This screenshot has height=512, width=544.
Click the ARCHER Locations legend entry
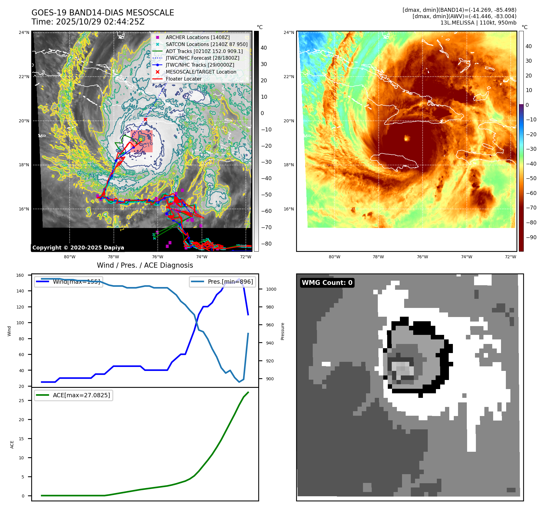(x=197, y=37)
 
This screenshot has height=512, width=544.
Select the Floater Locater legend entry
(x=183, y=79)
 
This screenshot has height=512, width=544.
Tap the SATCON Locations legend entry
(x=206, y=44)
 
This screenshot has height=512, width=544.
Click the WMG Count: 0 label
(x=327, y=282)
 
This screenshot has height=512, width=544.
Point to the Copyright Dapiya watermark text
(x=78, y=248)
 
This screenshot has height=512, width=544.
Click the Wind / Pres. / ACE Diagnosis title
(x=145, y=265)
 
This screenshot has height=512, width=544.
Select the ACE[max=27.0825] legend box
(x=74, y=395)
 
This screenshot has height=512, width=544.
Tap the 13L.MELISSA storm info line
(x=478, y=23)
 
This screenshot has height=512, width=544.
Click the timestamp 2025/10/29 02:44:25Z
(x=100, y=22)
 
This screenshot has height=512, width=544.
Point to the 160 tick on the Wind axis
(x=20, y=275)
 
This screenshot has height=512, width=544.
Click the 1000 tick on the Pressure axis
(x=271, y=289)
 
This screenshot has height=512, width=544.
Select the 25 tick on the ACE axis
(x=21, y=401)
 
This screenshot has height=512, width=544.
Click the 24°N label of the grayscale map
(x=24, y=32)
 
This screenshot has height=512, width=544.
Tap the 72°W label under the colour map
(x=510, y=257)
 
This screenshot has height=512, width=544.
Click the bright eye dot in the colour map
(x=407, y=138)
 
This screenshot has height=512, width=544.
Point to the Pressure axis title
(x=282, y=331)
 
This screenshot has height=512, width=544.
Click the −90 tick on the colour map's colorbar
(x=531, y=237)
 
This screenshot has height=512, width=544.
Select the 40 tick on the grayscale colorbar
(x=264, y=48)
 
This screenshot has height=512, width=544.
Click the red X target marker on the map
(x=145, y=119)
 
